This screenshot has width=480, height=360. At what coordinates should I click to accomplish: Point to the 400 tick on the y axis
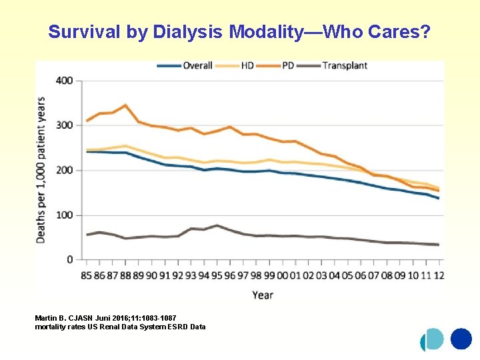coord(65,81)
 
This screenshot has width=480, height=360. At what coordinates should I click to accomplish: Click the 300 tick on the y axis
coord(65,125)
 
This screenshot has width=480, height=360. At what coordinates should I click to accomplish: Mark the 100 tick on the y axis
coord(65,215)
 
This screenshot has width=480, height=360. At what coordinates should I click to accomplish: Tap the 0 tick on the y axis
coord(69,259)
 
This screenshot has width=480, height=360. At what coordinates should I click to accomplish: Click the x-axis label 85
coord(87,275)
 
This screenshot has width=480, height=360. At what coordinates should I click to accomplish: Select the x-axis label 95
coord(217,275)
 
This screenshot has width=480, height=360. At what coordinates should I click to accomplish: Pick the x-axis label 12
coord(439,275)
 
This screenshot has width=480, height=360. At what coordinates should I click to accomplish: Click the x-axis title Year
coord(263,294)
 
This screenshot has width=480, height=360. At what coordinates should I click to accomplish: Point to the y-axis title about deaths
coord(41,170)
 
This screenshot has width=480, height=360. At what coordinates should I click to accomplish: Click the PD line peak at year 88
coord(125,105)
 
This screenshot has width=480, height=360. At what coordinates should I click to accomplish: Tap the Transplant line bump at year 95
coord(217,225)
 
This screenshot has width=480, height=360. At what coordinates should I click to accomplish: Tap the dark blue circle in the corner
coord(461,339)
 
